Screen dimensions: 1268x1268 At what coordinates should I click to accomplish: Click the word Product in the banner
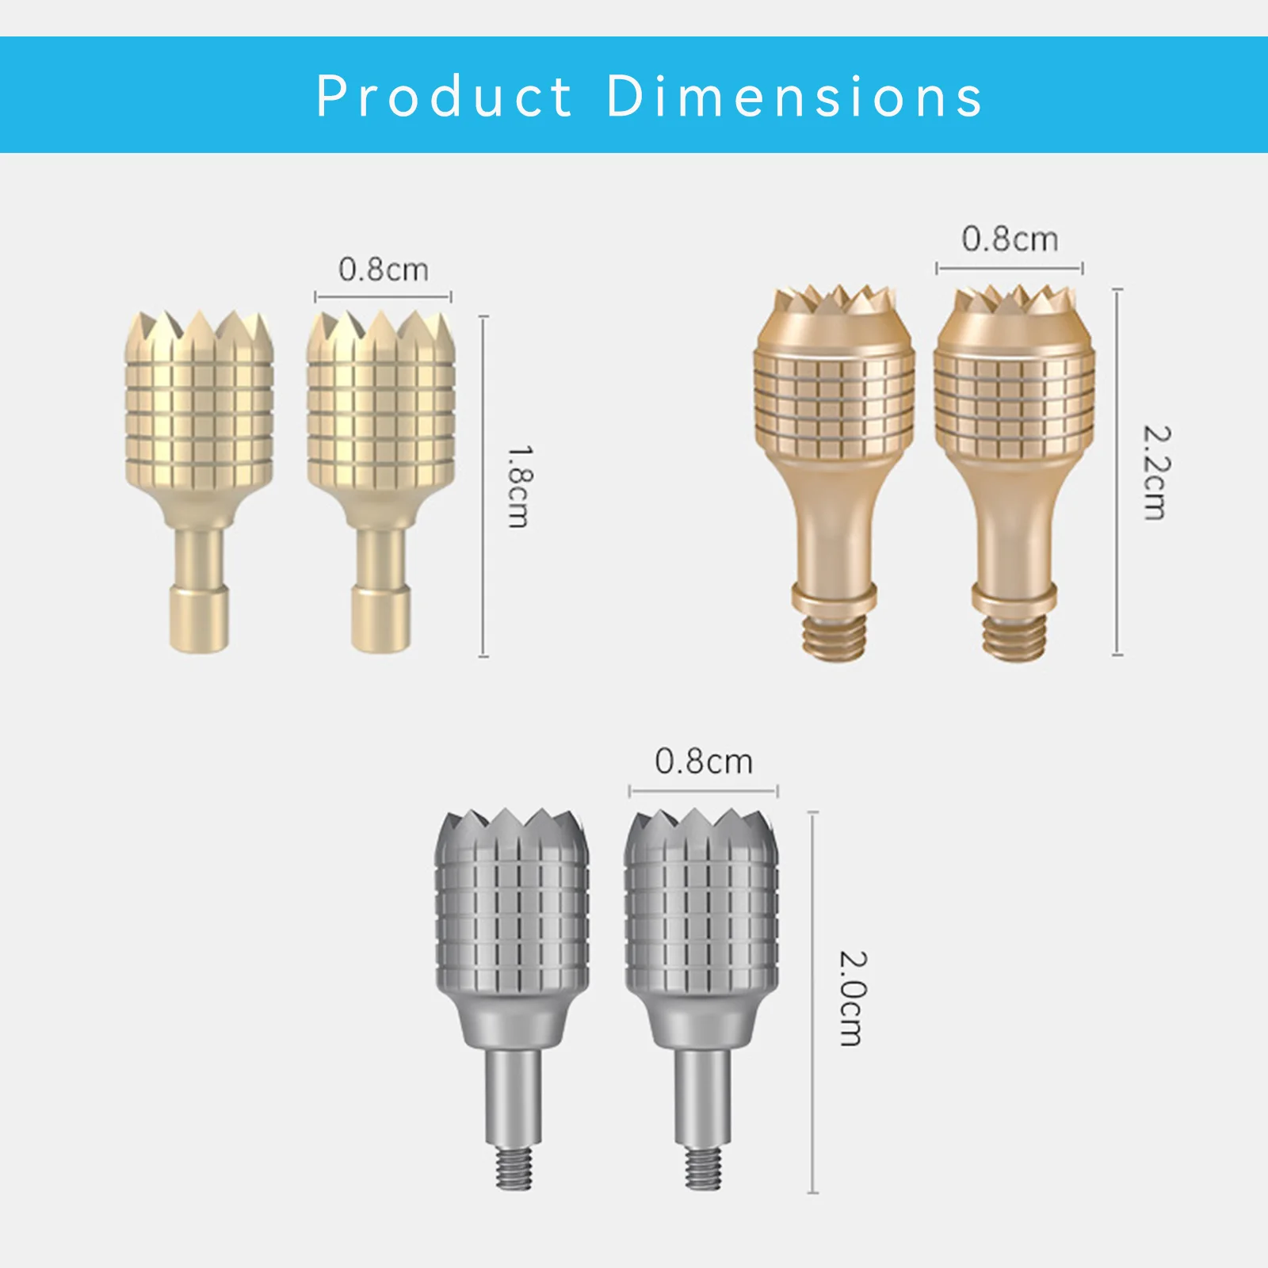tap(445, 96)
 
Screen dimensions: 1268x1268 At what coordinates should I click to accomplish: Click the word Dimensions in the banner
tap(795, 96)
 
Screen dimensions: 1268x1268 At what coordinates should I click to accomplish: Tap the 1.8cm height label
tap(519, 486)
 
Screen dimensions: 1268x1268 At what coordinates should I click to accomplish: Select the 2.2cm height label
tap(1155, 472)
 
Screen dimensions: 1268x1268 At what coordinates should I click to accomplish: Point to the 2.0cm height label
tap(854, 999)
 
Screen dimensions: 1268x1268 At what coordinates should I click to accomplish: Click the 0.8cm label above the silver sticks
tap(704, 762)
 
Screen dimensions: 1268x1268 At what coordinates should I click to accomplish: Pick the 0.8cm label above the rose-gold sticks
tap(1010, 239)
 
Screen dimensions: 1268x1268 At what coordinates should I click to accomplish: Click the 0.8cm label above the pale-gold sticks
tap(384, 269)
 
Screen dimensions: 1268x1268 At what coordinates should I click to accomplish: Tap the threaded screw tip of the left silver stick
tap(514, 1168)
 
